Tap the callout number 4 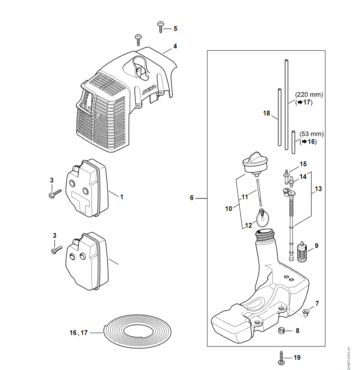coord(175,46)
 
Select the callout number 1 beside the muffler coord(121,196)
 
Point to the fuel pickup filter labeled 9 coord(301,253)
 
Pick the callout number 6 coord(192,198)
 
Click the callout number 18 coord(267,114)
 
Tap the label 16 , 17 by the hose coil coord(78,333)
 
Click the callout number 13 coord(318,189)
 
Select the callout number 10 coord(229,209)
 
